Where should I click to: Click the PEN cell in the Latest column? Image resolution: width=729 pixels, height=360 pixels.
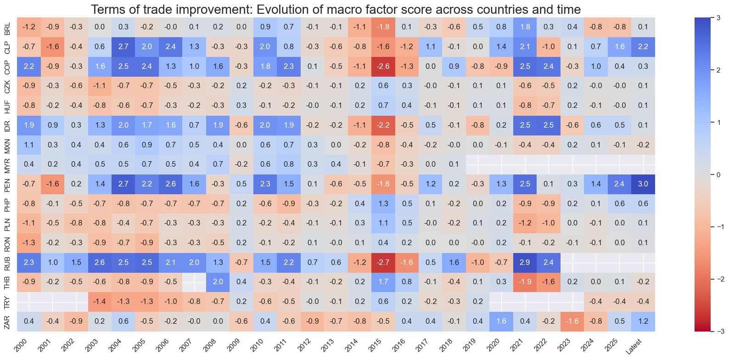643,184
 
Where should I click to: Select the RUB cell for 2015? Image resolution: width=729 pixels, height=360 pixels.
383,262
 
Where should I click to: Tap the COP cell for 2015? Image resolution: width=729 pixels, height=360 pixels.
383,66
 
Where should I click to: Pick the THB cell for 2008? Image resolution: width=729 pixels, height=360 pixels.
218,282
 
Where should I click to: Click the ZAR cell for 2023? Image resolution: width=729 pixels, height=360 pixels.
572,321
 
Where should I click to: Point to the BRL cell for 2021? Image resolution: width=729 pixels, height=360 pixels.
525,27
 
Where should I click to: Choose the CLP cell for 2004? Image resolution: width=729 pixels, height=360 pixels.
123,46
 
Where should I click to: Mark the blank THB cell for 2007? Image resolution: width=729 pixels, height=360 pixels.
194,282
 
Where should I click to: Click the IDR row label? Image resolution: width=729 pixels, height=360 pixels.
7,125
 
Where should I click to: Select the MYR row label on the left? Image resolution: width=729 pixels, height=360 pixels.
7,164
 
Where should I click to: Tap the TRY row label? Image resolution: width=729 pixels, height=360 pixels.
7,302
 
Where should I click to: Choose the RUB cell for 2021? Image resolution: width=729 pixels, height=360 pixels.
525,262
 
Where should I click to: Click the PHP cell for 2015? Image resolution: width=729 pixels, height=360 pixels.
383,203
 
